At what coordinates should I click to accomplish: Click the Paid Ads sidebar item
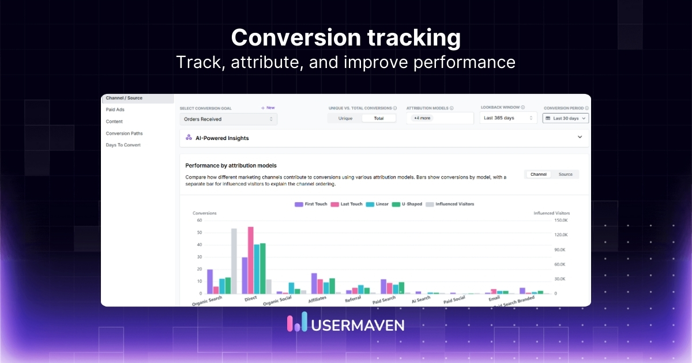[115, 109]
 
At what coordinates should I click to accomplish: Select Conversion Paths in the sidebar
[124, 133]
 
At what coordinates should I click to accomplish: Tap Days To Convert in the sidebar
[123, 145]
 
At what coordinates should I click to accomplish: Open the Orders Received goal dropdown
[228, 119]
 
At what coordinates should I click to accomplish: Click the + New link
[268, 108]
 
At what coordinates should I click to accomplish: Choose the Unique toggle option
[345, 118]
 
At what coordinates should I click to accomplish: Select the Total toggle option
[379, 118]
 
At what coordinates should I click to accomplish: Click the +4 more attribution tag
[422, 118]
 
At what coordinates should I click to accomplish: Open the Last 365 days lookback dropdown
[508, 118]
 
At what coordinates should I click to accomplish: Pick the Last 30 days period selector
[565, 118]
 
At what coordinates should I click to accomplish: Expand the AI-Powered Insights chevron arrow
[580, 138]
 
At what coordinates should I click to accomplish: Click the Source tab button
[565, 174]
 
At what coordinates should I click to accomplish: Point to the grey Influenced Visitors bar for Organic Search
[234, 261]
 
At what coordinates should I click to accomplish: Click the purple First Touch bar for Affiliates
[314, 283]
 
